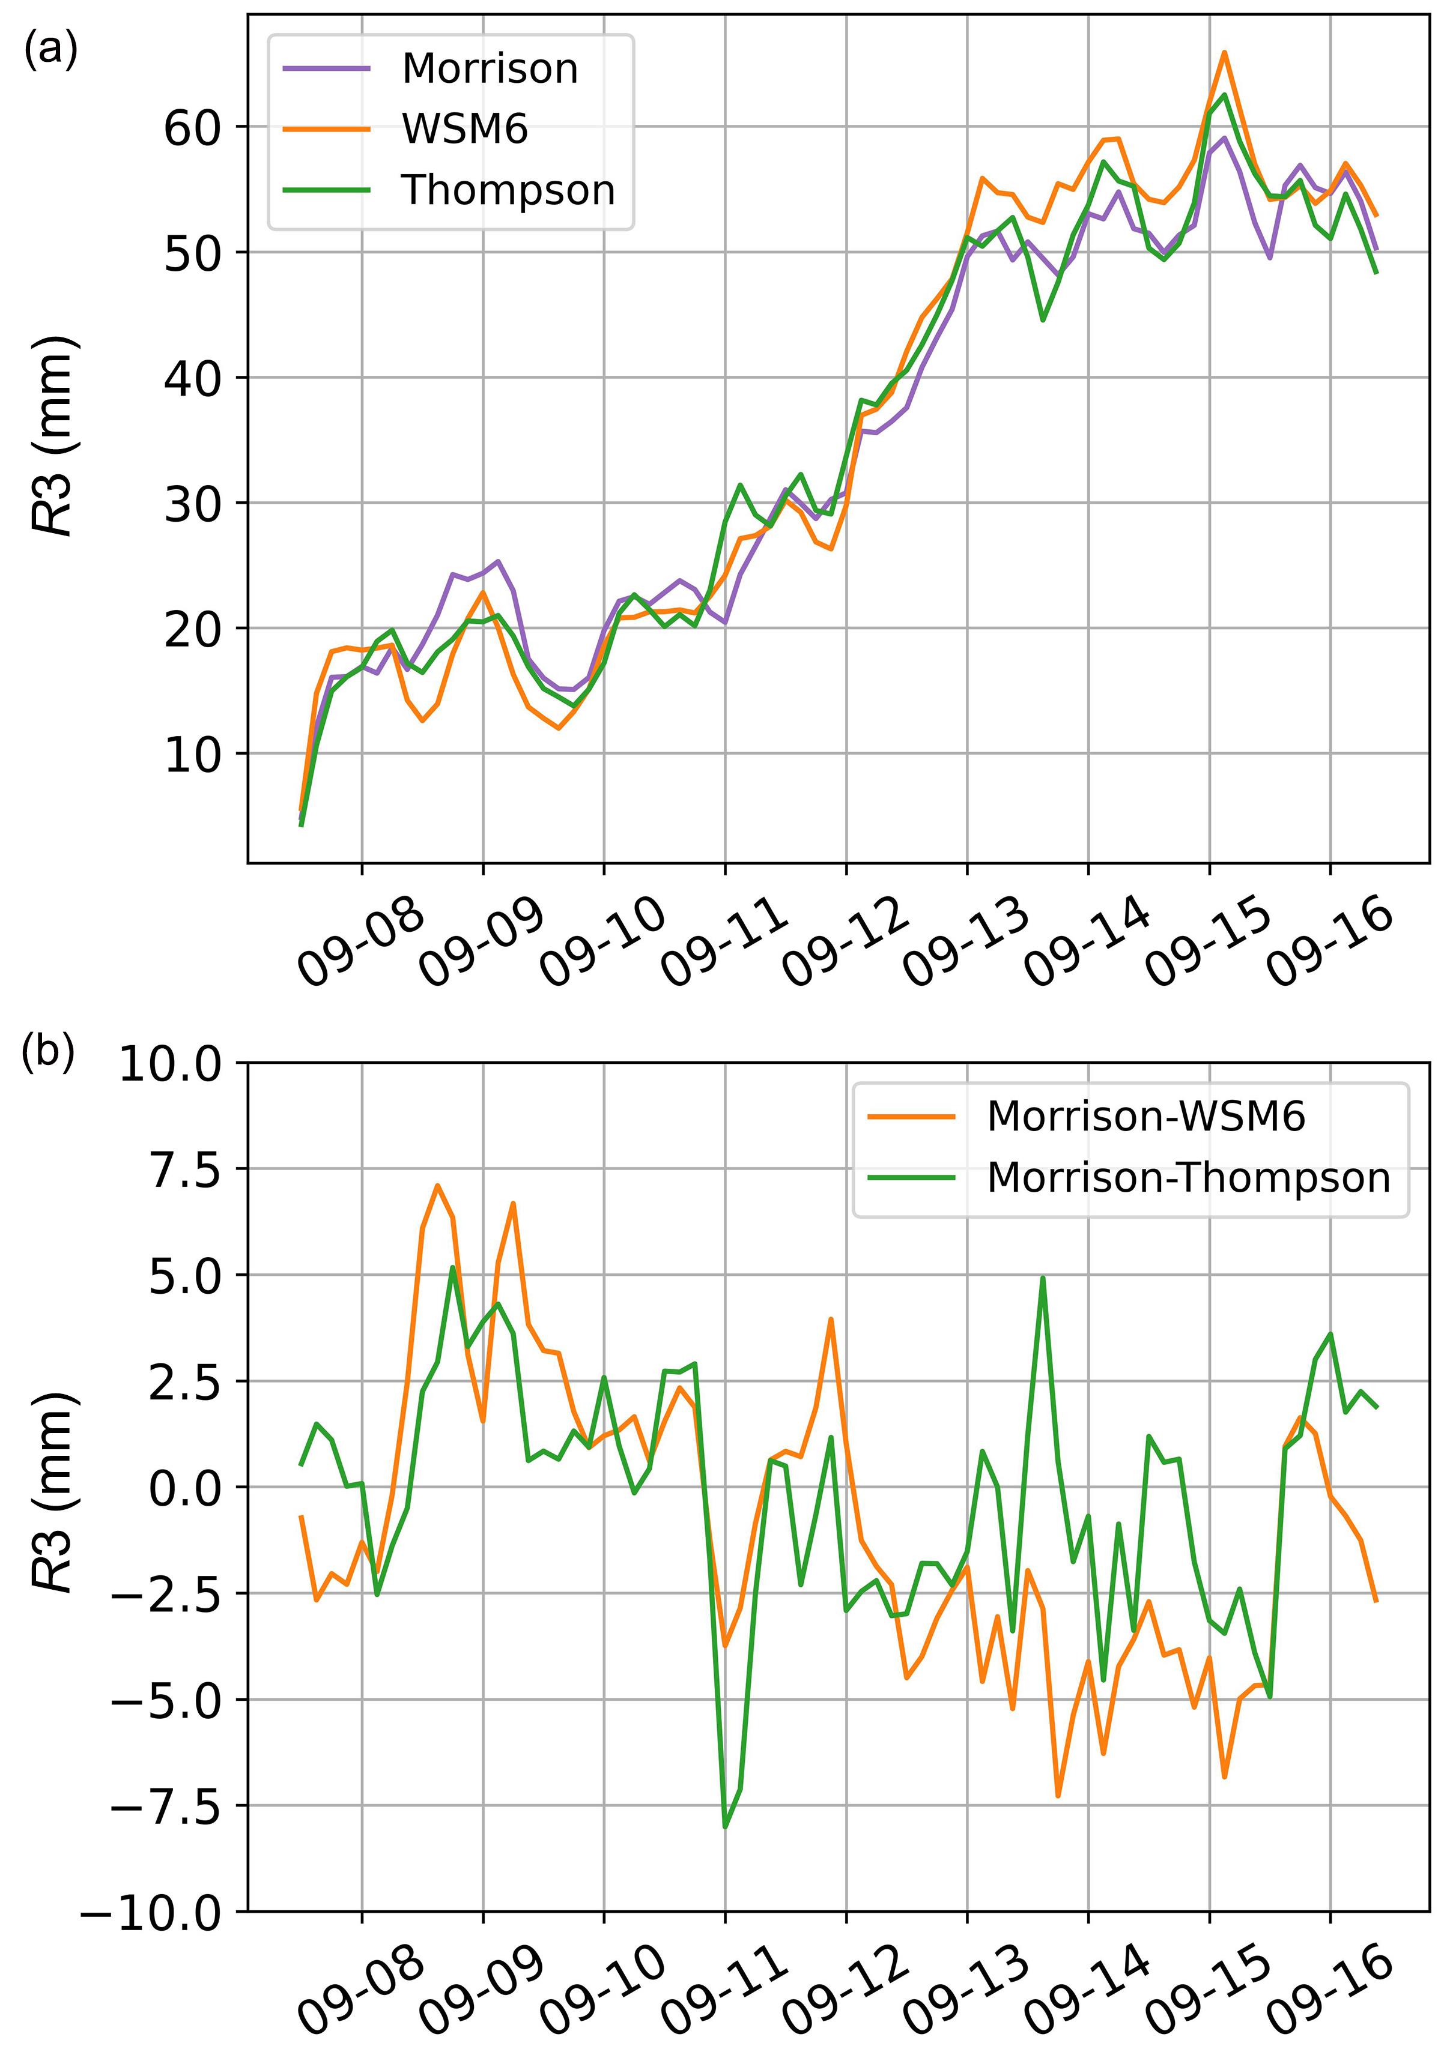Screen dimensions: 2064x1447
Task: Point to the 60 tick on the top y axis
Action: [192, 128]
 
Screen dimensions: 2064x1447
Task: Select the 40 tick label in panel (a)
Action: [192, 378]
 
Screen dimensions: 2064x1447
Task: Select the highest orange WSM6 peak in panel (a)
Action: [1224, 52]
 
